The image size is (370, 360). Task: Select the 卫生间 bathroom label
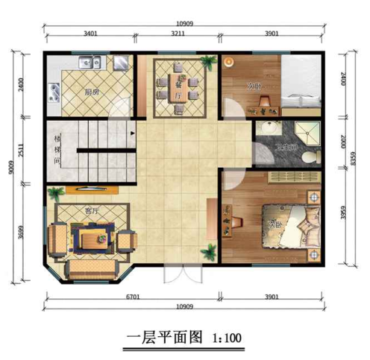[x=283, y=148]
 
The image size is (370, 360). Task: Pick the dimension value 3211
[x=178, y=34]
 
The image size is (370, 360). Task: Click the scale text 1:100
[x=225, y=337]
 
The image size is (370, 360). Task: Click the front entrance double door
[x=182, y=274]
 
